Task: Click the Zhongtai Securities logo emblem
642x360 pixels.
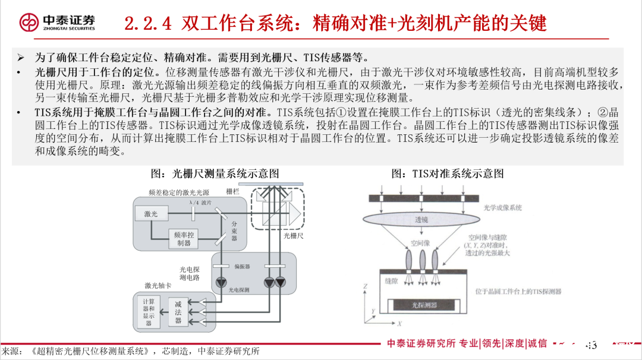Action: pos(29,23)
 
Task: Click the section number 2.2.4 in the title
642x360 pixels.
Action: pos(148,23)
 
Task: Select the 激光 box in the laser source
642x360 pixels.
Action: pos(151,213)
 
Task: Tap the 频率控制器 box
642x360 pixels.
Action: pos(183,239)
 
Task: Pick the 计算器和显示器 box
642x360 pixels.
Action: pos(149,312)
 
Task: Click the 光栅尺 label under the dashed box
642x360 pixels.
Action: pos(293,236)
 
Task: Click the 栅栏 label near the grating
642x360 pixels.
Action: pos(233,191)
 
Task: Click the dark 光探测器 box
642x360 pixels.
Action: pos(424,305)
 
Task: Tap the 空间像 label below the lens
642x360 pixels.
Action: pos(420,244)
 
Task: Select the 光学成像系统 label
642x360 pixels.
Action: pos(502,208)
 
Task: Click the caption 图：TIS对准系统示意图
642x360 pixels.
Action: pos(447,173)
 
